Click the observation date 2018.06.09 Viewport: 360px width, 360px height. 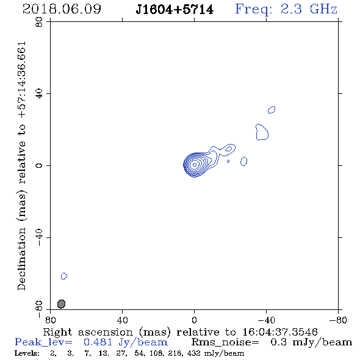coord(62,9)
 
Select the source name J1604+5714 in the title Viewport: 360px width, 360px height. coord(175,10)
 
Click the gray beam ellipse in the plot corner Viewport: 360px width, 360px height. coord(61,304)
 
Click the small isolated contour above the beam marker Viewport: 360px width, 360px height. coord(64,276)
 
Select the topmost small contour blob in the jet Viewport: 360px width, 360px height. coord(272,110)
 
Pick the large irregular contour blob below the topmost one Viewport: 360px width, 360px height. coord(262,132)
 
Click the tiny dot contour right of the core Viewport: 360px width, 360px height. coord(228,162)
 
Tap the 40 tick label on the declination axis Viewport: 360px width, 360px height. coord(39,94)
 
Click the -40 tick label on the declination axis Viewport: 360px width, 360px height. coord(39,237)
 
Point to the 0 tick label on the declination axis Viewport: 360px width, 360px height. coord(39,165)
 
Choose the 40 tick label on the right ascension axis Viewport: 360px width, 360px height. coord(122,320)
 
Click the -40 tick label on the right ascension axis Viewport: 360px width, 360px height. coord(266,320)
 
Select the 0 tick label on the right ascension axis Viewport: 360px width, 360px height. coord(194,320)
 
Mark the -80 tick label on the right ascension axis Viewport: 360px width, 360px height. coord(338,320)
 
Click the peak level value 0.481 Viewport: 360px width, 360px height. coord(98,342)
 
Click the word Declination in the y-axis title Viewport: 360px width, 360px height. coord(21,259)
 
